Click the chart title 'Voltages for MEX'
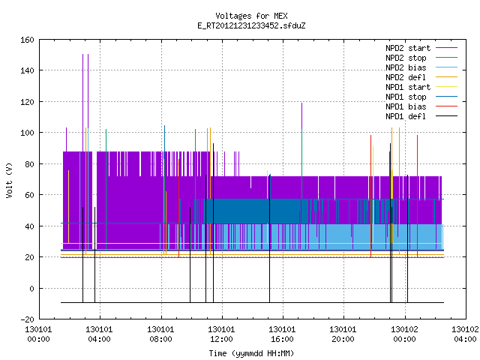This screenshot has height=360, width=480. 251,16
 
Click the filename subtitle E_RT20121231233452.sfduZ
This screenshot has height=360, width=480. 251,25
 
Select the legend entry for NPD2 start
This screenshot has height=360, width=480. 408,48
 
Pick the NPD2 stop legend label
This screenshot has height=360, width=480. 406,58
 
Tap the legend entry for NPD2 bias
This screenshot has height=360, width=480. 406,67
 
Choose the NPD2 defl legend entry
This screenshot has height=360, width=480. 406,77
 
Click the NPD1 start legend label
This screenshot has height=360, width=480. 408,87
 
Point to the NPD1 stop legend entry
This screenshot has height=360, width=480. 406,97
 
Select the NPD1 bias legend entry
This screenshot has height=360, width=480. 406,106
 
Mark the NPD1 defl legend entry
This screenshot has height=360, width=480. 406,116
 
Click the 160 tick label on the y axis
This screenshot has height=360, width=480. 27,40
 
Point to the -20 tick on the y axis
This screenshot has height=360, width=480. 27,319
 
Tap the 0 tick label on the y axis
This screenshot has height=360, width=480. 31,288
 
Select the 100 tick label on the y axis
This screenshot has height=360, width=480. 27,133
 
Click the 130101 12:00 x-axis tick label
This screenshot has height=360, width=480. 221,334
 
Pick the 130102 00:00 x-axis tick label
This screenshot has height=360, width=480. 404,334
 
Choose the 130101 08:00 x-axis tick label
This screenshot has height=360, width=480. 160,334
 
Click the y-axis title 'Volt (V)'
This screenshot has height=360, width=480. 9,180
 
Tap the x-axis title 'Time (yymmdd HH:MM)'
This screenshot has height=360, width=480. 251,353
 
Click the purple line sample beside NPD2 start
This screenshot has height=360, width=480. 447,48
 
